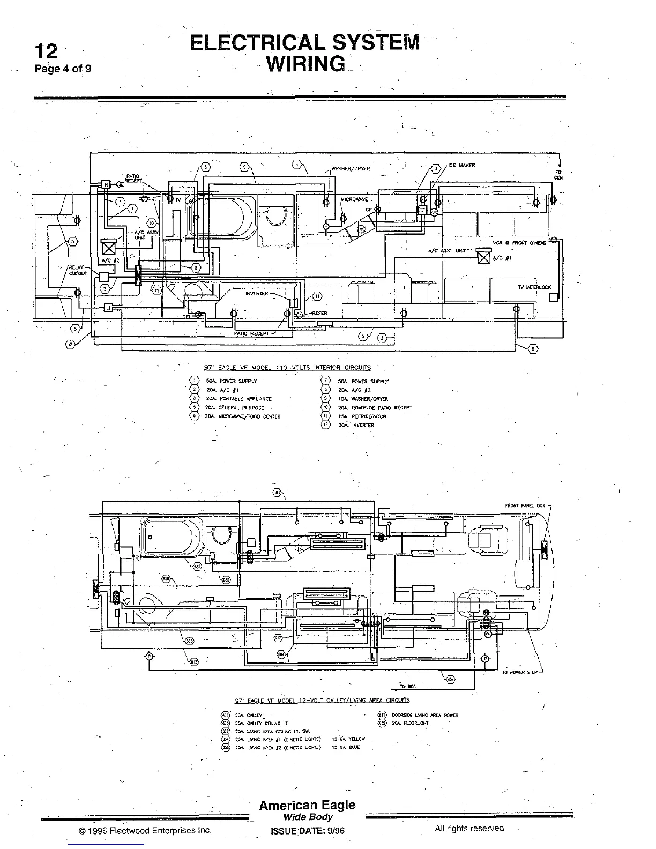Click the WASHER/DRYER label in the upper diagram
351,169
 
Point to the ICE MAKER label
461,166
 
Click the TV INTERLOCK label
534,287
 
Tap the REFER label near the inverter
319,314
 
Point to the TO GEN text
558,175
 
